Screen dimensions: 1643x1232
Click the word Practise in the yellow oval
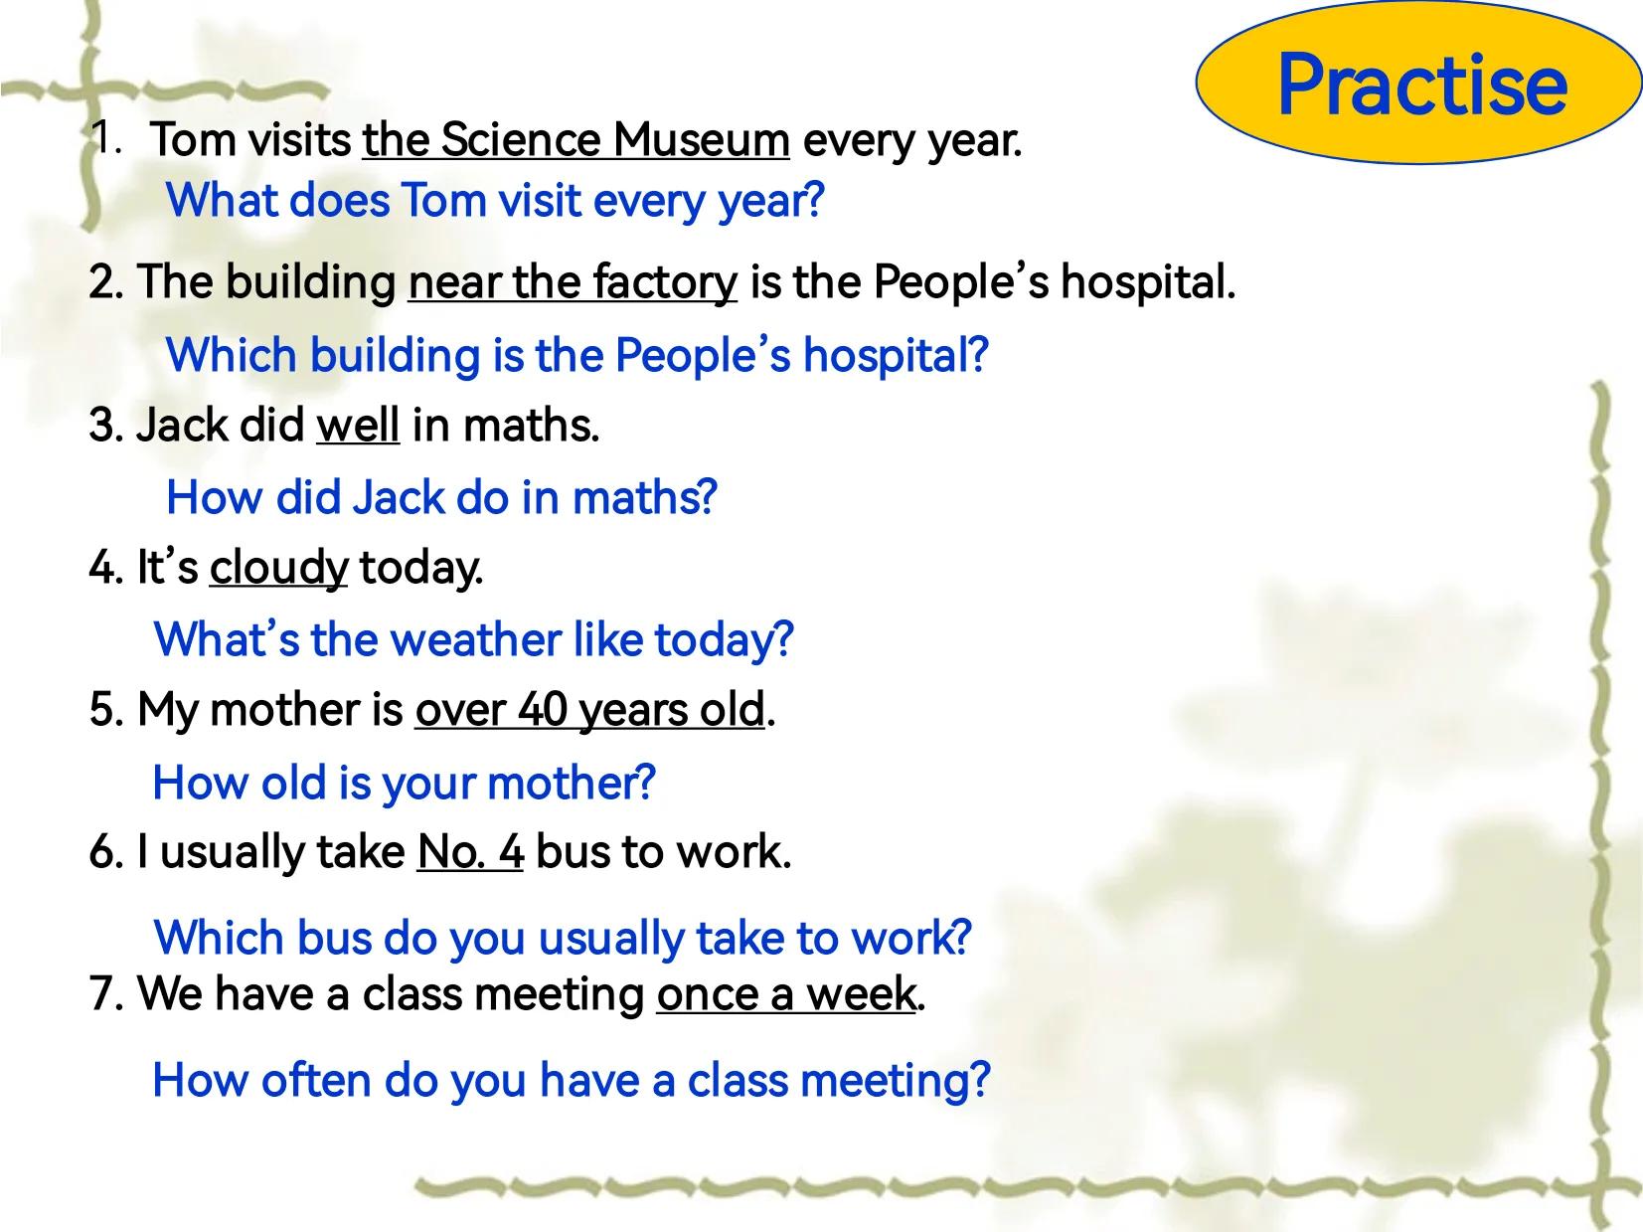pyautogui.click(x=1422, y=84)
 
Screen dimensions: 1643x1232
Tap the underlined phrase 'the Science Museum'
pyautogui.click(x=575, y=140)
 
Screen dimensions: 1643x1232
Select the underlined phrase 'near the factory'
pyautogui.click(x=573, y=283)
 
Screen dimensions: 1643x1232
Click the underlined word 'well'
pyautogui.click(x=358, y=426)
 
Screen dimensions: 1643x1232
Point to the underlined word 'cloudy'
pyautogui.click(x=278, y=568)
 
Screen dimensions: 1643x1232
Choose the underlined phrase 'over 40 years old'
pyautogui.click(x=589, y=710)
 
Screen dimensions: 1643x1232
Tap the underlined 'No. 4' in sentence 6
pyautogui.click(x=470, y=852)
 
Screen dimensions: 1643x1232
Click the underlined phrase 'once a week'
pyautogui.click(x=786, y=994)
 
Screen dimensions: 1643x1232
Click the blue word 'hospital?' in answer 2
pyautogui.click(x=896, y=356)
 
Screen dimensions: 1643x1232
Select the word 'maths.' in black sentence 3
pyautogui.click(x=531, y=426)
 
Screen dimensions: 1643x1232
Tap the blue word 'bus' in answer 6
pyautogui.click(x=334, y=938)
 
